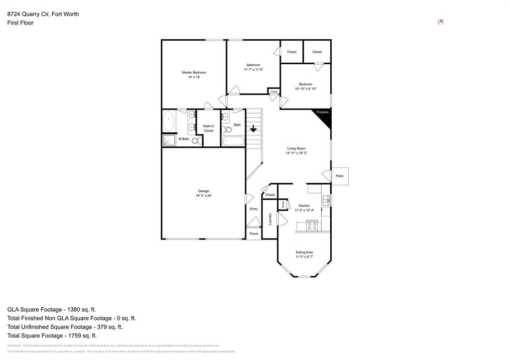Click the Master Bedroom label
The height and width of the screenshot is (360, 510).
194,73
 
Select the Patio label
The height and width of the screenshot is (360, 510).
340,176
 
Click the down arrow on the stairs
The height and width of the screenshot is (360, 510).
253,129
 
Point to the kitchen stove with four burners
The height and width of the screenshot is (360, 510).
312,226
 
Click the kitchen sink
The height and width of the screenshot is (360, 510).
326,201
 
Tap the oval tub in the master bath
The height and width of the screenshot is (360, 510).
168,121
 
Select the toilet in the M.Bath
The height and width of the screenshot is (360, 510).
196,141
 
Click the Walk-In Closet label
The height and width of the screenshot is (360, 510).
208,128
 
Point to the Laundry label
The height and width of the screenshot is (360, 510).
270,219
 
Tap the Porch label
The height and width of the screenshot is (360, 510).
254,234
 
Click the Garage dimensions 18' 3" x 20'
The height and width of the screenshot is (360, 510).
203,196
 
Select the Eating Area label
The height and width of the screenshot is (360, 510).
304,252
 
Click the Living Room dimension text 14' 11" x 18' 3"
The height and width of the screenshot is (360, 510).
296,153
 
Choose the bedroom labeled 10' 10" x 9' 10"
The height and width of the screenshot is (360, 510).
305,87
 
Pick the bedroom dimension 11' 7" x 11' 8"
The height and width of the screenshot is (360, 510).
253,70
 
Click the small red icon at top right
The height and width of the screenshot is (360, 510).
440,22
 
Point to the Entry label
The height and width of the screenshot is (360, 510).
254,209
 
